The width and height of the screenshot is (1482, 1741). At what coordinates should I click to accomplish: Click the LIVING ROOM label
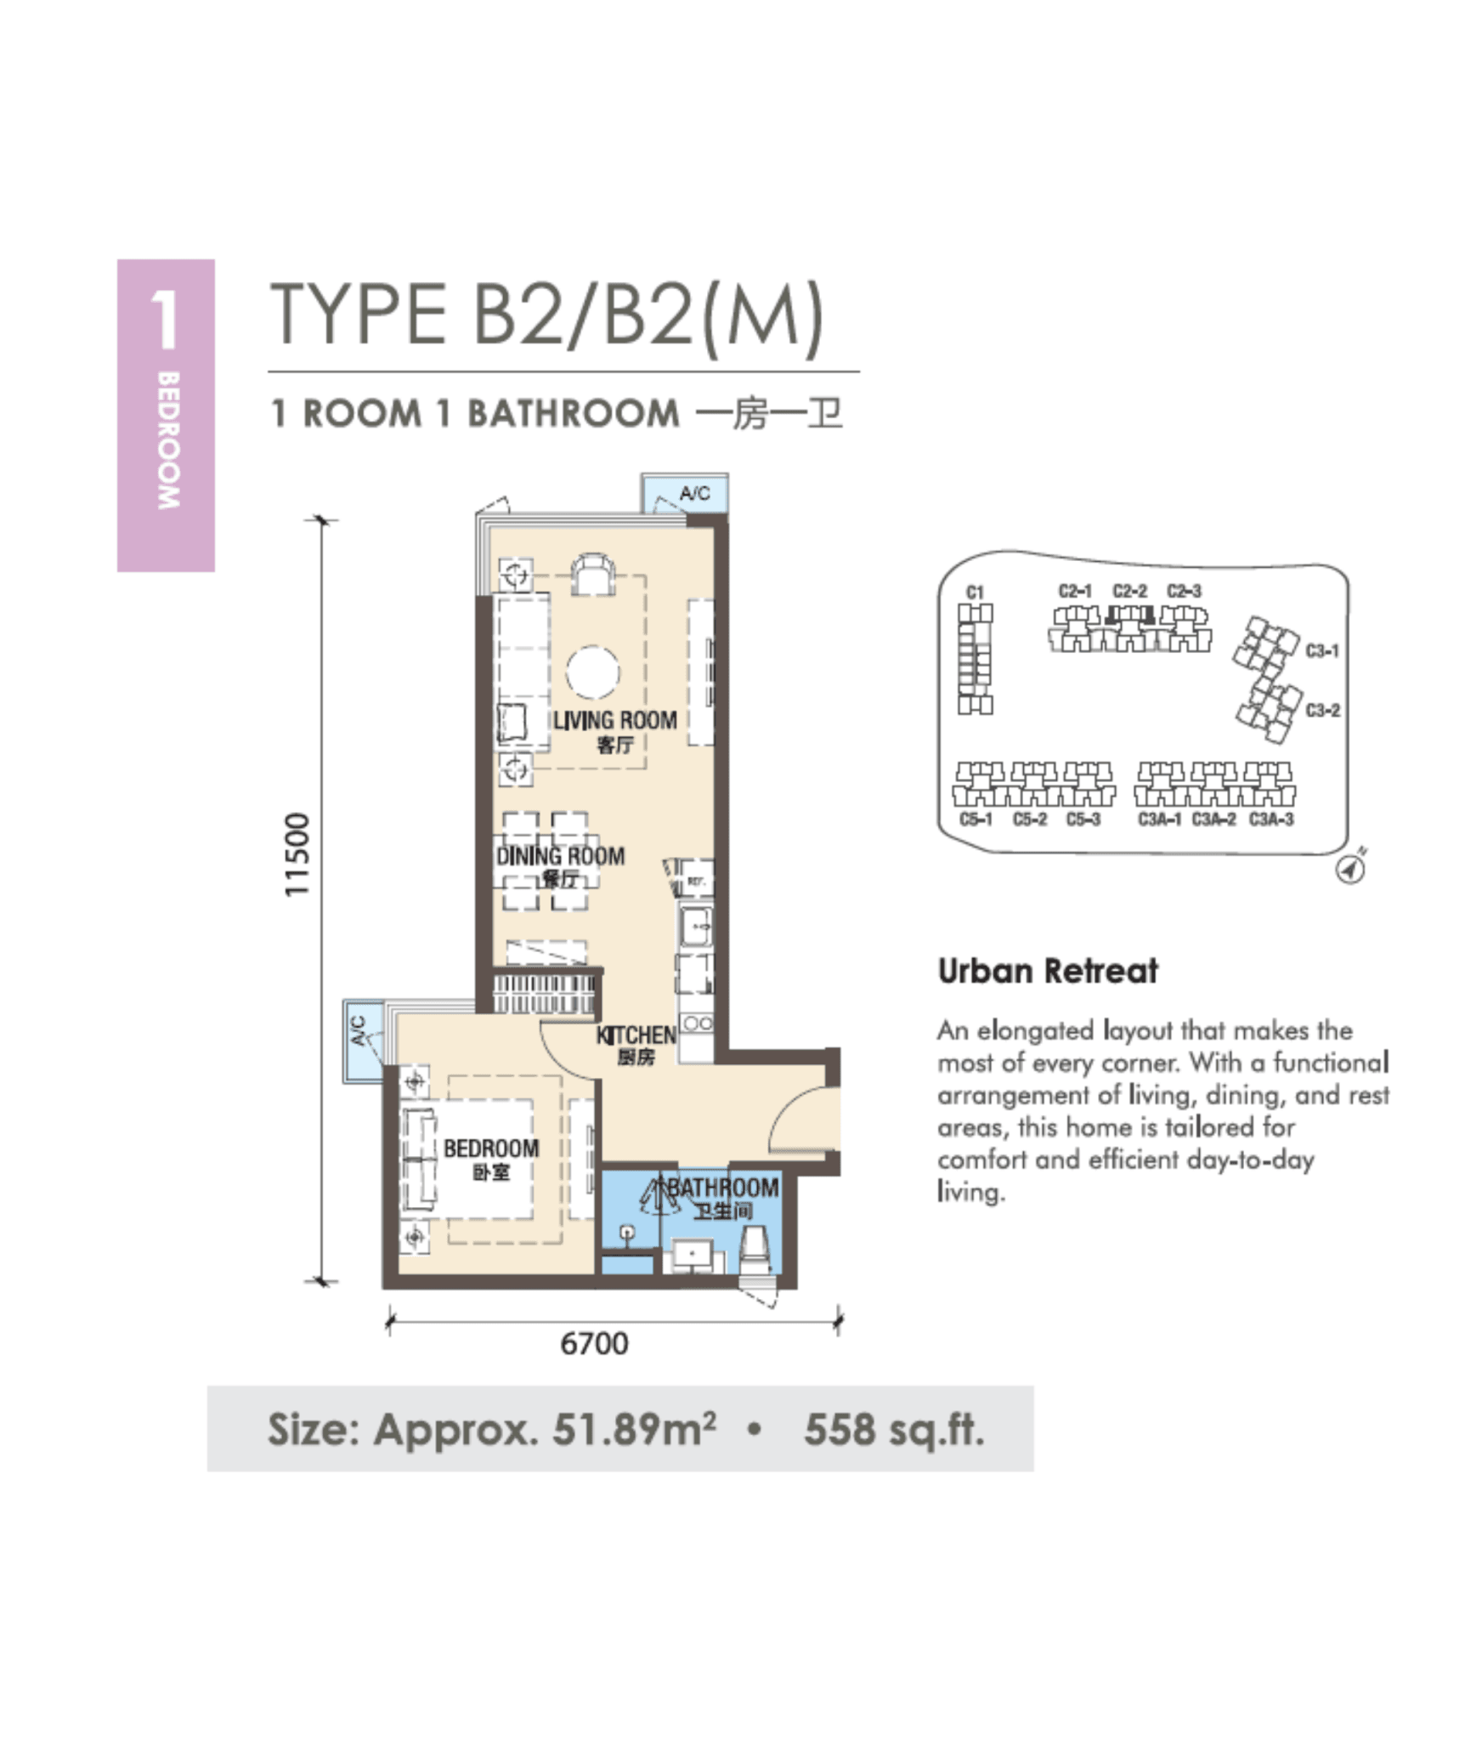click(x=614, y=721)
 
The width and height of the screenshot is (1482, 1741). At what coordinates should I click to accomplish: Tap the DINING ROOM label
click(x=560, y=856)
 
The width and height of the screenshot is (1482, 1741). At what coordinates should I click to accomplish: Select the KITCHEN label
click(x=636, y=1035)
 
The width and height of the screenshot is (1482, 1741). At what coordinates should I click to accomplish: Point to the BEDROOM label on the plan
click(x=491, y=1148)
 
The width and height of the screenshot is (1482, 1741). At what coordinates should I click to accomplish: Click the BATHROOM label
click(x=722, y=1188)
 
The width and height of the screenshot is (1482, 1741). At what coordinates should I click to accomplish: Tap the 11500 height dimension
click(x=297, y=854)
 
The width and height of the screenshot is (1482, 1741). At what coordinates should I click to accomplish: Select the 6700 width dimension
click(x=594, y=1343)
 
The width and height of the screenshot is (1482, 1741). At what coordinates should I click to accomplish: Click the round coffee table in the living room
click(x=593, y=672)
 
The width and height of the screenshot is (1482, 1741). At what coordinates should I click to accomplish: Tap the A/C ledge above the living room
click(x=693, y=494)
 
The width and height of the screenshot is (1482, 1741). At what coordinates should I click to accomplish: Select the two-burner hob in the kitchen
click(x=698, y=1024)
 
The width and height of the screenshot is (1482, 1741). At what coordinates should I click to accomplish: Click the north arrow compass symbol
click(x=1350, y=869)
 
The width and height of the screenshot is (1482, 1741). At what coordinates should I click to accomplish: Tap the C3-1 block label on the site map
click(x=1322, y=651)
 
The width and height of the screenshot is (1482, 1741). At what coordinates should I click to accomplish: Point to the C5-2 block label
click(x=1029, y=819)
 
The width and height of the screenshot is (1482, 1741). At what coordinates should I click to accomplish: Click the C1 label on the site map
click(x=975, y=592)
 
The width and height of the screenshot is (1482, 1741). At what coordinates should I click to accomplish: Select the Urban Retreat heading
click(x=1047, y=971)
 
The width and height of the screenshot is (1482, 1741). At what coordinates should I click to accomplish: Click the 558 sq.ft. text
click(x=894, y=1430)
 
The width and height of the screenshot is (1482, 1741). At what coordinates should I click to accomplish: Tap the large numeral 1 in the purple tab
click(x=165, y=320)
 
